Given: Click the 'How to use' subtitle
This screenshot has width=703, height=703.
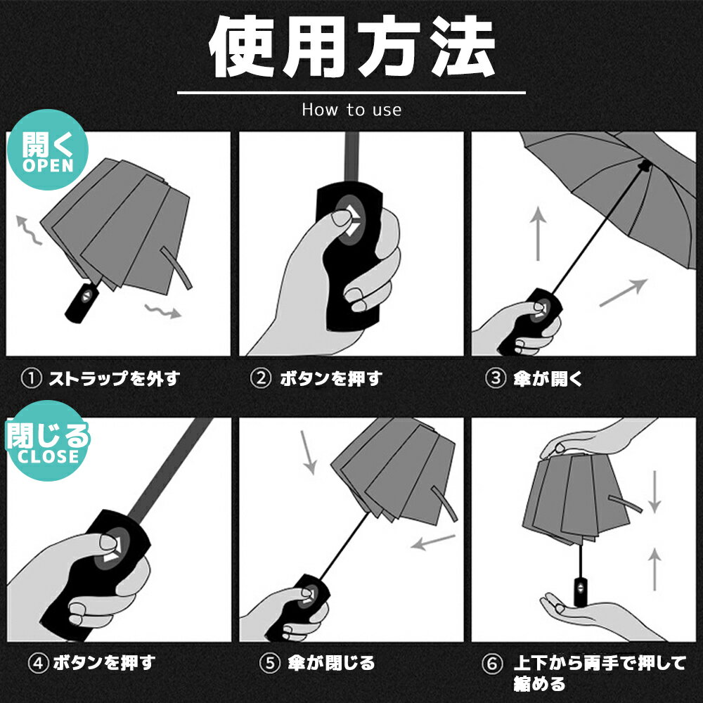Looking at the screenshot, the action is click(x=351, y=110).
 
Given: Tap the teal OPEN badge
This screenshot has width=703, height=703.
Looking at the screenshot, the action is click(x=48, y=150).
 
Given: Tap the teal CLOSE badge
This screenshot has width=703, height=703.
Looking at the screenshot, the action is click(x=48, y=441).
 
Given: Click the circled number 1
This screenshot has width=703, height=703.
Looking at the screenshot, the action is click(x=32, y=378).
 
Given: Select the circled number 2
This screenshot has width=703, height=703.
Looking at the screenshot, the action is click(x=261, y=378).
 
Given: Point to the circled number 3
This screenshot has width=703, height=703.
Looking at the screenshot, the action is click(x=496, y=378).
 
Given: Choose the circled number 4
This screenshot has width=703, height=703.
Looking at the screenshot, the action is click(x=38, y=663).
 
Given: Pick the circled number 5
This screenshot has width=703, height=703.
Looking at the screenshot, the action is click(x=270, y=663).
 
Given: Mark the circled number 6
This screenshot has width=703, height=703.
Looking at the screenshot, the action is click(x=492, y=664).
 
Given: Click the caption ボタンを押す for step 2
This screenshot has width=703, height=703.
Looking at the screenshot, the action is click(x=331, y=379).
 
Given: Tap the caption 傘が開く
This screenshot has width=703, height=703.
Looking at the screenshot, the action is click(x=548, y=379).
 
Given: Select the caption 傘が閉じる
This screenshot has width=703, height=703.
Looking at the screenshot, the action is click(x=331, y=663).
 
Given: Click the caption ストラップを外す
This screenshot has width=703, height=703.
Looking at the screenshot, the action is click(x=115, y=379).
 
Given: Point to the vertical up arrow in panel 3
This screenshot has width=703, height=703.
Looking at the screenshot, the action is click(x=538, y=233).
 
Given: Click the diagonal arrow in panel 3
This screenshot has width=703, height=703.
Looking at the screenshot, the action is click(x=623, y=292).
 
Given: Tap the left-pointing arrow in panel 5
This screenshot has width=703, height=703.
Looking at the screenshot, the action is click(x=433, y=542).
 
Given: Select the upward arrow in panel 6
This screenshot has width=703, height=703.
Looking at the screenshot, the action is click(x=654, y=569).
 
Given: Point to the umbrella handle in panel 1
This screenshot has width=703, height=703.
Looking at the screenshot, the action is click(x=82, y=302).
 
